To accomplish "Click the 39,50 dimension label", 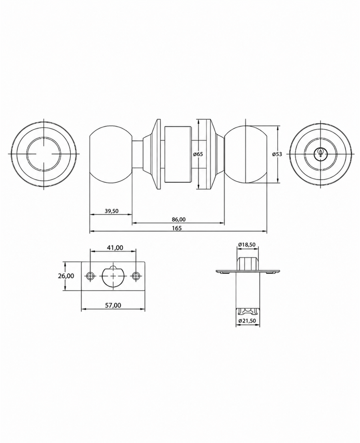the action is [x=111, y=211].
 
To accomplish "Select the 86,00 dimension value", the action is [x=178, y=219].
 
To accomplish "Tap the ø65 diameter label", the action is [x=198, y=154].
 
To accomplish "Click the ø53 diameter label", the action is [x=277, y=154].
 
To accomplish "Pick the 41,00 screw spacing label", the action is [x=115, y=248].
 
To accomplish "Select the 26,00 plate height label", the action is [x=66, y=276].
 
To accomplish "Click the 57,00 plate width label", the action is [x=113, y=305].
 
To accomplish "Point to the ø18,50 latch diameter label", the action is [x=247, y=245].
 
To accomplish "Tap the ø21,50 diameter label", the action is [x=247, y=321].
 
